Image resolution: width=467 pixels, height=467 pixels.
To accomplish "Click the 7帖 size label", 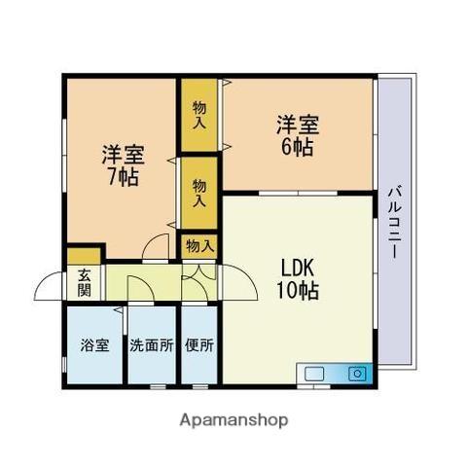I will [x=124, y=178].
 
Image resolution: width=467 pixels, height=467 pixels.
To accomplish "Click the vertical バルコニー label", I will [x=396, y=222].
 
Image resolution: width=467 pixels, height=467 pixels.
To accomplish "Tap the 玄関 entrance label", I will [x=85, y=282].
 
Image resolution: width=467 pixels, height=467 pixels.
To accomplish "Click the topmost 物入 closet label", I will [x=199, y=115].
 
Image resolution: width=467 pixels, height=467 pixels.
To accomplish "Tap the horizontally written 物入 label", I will [x=199, y=246].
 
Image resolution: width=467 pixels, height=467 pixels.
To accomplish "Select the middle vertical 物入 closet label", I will [x=199, y=192].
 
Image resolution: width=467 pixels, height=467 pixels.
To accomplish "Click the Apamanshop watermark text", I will [x=233, y=420].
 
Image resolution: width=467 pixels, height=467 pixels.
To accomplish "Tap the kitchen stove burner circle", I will [x=357, y=373].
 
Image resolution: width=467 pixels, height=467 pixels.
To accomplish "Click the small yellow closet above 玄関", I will [x=78, y=257].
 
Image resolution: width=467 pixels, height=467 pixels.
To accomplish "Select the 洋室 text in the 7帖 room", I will [x=124, y=154].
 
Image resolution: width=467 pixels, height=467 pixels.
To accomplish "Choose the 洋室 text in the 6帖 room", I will [x=297, y=124].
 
